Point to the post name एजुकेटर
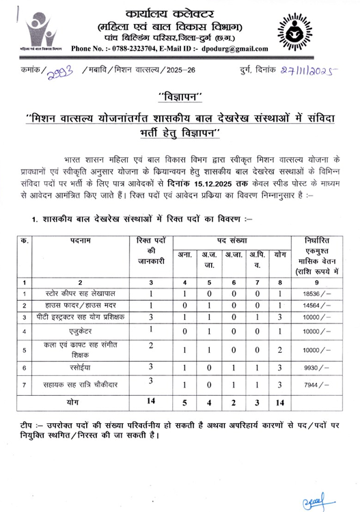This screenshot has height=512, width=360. point(79,332)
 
